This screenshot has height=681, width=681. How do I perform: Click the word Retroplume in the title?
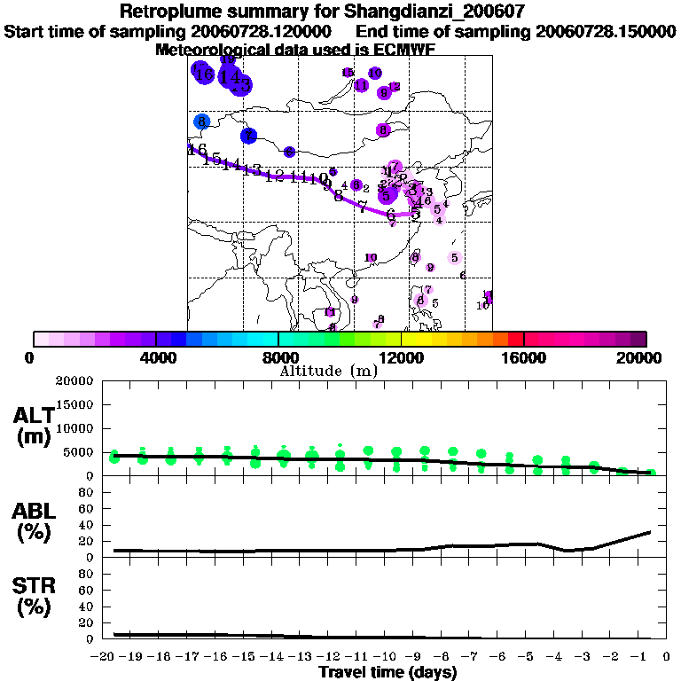pos(167,12)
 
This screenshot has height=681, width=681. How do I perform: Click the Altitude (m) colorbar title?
pos(329,371)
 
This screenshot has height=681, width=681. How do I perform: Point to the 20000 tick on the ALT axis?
pos(74,381)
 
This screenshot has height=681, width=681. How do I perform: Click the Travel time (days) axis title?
pos(387,673)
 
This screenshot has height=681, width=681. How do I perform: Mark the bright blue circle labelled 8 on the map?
pos(202,121)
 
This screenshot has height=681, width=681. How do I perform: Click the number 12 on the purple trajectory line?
pos(274,175)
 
